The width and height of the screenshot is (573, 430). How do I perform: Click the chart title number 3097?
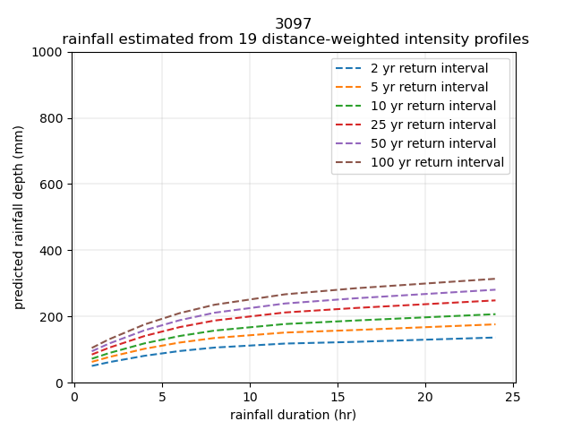294,24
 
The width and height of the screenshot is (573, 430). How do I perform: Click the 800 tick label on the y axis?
54,118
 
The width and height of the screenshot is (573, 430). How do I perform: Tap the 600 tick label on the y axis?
54,185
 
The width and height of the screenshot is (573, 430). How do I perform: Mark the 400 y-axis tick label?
54,251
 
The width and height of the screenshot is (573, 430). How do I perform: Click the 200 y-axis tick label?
54,317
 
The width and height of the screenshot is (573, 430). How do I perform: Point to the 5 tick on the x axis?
162,397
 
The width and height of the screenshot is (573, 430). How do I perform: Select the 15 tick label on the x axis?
338,397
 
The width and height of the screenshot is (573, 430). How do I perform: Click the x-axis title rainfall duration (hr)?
293,415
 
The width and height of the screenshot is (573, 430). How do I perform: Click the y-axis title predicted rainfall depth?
19,218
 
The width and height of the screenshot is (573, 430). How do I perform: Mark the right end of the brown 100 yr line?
495,279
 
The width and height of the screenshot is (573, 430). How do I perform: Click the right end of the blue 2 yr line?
495,338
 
